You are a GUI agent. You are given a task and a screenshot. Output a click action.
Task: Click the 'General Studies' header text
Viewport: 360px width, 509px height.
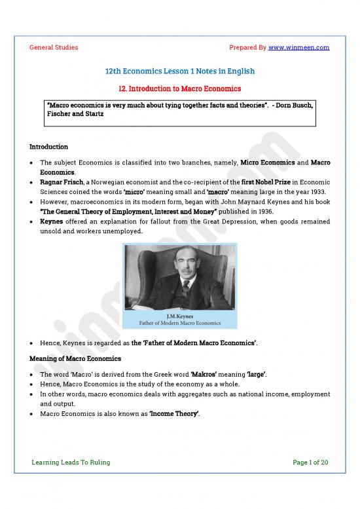point(54,47)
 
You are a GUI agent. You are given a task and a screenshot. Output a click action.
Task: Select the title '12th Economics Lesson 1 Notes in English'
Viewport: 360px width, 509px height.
point(180,71)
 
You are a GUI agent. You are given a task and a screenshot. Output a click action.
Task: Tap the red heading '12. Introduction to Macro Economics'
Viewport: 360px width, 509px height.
point(180,88)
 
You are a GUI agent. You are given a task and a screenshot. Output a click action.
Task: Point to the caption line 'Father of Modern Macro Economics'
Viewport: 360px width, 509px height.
point(179,323)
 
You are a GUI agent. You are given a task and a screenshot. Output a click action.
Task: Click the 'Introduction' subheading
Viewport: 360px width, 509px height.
point(49,147)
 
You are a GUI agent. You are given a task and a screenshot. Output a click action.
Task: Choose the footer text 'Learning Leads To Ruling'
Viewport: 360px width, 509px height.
point(71,462)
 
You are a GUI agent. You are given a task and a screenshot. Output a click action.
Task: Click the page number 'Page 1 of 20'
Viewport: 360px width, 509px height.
point(310,462)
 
